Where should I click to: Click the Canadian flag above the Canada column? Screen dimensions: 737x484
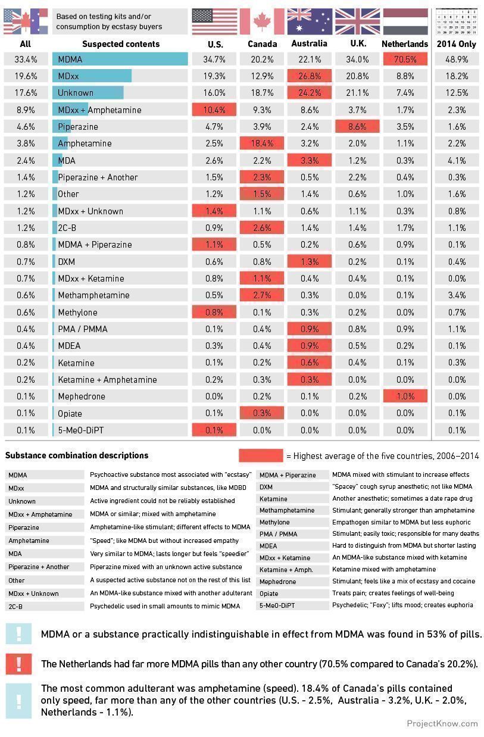click(262, 21)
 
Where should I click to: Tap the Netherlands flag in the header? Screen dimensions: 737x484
click(405, 21)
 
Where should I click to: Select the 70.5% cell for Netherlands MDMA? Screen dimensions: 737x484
click(405, 59)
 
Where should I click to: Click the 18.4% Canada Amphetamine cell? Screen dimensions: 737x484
click(262, 143)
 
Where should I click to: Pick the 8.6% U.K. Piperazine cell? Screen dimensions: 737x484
click(357, 127)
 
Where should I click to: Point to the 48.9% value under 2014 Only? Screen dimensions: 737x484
click(456, 59)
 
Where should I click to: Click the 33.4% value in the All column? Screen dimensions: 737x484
click(25, 59)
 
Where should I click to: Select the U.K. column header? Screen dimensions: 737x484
click(357, 43)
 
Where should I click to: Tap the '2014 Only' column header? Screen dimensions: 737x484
click(456, 43)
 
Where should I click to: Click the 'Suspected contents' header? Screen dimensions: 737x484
click(121, 43)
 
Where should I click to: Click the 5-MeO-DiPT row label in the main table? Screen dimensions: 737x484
click(81, 430)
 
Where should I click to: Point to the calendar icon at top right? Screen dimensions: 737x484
click(457, 21)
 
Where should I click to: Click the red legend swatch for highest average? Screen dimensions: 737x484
click(261, 455)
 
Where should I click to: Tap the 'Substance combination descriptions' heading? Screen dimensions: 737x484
click(77, 455)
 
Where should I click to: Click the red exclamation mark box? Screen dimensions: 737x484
click(18, 663)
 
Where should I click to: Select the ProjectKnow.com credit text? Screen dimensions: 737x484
click(442, 723)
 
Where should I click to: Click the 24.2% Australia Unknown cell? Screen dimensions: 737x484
click(310, 93)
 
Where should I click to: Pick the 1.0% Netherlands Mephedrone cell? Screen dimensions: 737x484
click(405, 396)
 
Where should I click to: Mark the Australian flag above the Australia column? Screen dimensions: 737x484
click(310, 21)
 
